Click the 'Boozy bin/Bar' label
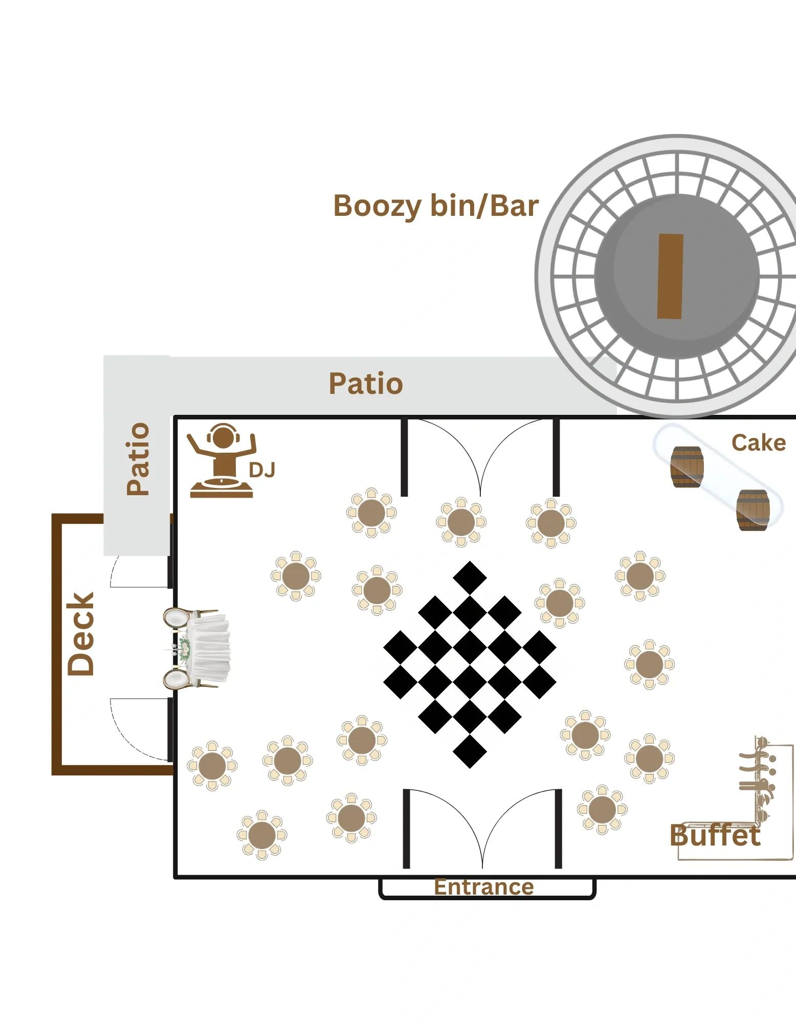pos(435,206)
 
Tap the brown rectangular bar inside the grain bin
pos(670,276)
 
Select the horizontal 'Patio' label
pos(366,384)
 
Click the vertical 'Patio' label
pos(138,458)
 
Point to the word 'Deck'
pos(81,634)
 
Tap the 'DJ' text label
pos(262,470)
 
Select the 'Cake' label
pos(758,443)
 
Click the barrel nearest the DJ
pos(687,466)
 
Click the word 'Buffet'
pos(715,836)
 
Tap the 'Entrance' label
pos(483,887)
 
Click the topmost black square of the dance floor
pos(470,578)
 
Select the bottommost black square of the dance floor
pos(470,751)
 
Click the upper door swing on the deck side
pos(138,571)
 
